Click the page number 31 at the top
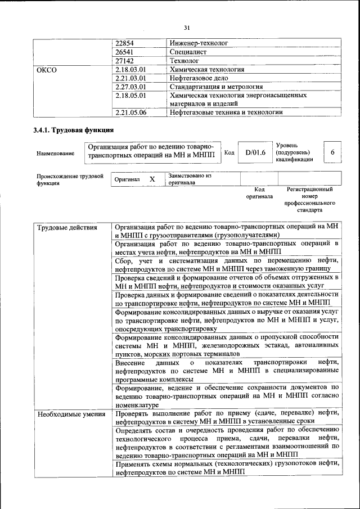click(x=187, y=28)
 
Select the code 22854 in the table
click(x=124, y=43)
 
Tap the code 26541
click(x=124, y=52)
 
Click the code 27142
click(x=124, y=61)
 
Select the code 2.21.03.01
click(x=130, y=78)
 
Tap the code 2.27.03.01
click(x=130, y=87)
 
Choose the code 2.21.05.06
click(x=130, y=112)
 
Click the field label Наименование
click(x=55, y=153)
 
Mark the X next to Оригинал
click(x=152, y=179)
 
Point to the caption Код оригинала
click(x=259, y=193)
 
